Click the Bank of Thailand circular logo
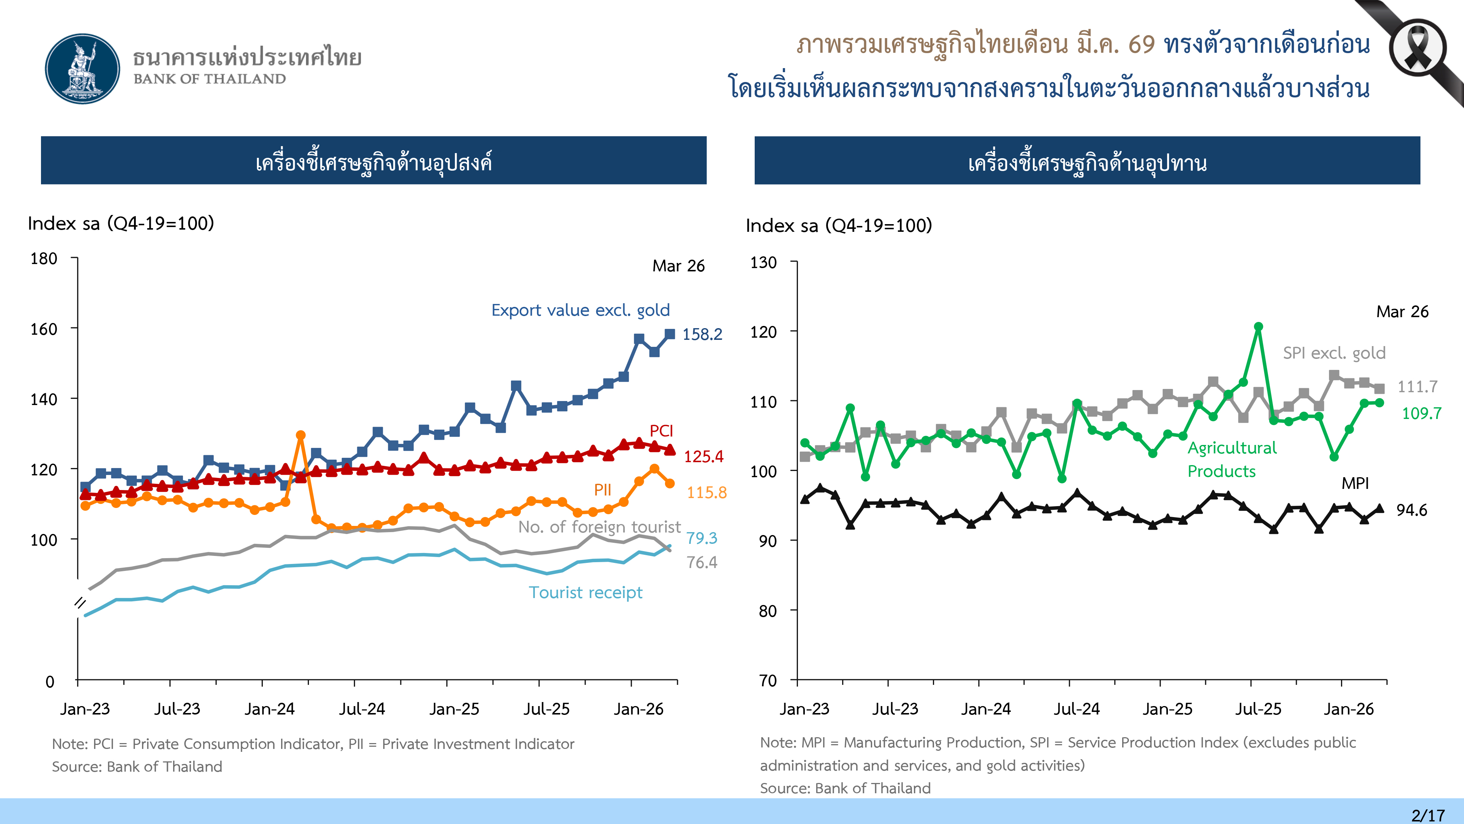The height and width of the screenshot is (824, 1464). [x=83, y=69]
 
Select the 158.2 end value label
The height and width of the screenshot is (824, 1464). [x=702, y=334]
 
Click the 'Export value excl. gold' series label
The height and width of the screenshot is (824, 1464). [x=580, y=311]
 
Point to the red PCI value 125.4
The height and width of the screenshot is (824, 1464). [x=703, y=457]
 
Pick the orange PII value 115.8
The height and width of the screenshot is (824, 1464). [x=706, y=493]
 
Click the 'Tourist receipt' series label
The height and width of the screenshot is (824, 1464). [x=585, y=593]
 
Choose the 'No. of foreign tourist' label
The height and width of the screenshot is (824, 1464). [x=599, y=527]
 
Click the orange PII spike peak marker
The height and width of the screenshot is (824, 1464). [x=300, y=435]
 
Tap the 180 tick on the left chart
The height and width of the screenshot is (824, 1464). [x=44, y=259]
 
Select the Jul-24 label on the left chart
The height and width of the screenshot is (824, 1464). [x=362, y=709]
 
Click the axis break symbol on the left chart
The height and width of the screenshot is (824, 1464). [x=80, y=603]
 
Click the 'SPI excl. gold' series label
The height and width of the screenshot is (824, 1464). [x=1334, y=353]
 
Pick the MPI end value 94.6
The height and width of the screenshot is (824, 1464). [x=1412, y=510]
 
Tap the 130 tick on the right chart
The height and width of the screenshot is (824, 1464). [x=763, y=263]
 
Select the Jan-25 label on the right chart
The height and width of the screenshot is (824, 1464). [x=1167, y=709]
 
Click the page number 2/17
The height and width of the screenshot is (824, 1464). [x=1427, y=815]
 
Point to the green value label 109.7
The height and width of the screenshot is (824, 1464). [x=1422, y=413]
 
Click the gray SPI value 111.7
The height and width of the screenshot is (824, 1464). [x=1418, y=387]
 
